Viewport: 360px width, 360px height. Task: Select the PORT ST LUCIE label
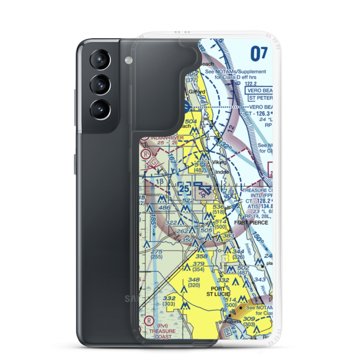click(x=218, y=292)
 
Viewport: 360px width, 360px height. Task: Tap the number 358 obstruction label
click(x=202, y=256)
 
